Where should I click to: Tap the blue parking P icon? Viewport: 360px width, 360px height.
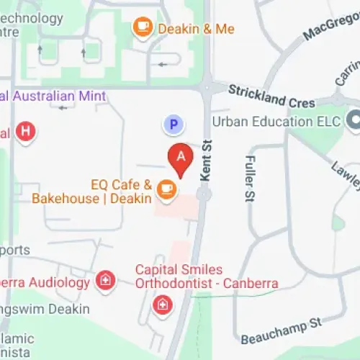[172, 125]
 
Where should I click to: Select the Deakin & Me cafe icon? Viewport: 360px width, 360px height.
[143, 27]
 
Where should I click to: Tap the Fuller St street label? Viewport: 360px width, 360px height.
[250, 180]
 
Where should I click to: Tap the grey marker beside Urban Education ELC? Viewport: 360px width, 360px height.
[353, 120]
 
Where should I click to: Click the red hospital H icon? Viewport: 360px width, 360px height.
[27, 131]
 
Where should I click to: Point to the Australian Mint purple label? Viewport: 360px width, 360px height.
[54, 96]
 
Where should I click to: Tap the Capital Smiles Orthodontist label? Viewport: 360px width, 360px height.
[207, 276]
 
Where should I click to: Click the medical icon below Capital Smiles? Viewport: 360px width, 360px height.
[161, 305]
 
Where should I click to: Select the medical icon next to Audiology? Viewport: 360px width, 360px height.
[106, 281]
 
